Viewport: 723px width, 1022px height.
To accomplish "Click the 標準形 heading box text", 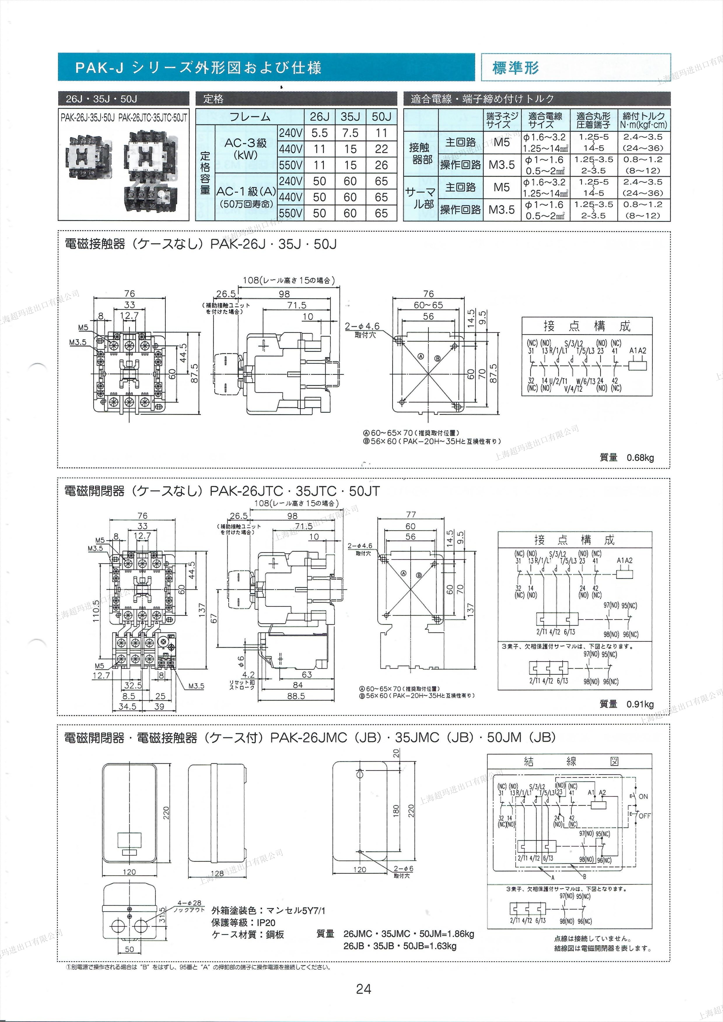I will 515,68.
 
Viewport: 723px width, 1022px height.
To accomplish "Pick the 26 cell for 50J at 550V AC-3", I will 381,165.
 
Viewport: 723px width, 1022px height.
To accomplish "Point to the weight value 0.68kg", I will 640,458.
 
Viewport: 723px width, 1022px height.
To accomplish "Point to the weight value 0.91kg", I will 640,704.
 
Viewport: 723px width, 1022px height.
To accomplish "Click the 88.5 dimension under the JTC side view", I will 296,696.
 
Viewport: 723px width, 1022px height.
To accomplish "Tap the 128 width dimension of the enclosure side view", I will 217,873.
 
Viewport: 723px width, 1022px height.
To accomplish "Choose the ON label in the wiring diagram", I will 643,796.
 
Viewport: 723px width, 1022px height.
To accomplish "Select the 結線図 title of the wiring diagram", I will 571,761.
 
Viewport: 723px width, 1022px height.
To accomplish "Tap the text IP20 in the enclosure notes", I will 266,923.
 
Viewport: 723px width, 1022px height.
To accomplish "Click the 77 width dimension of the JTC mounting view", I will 410,515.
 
